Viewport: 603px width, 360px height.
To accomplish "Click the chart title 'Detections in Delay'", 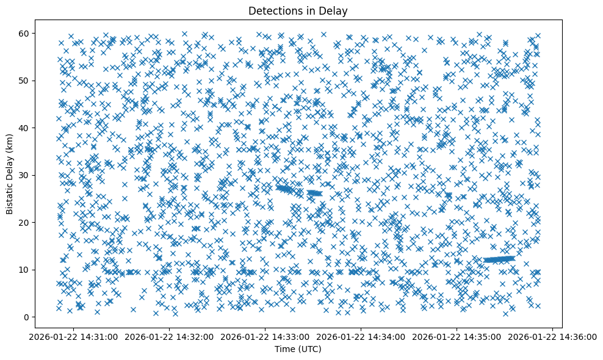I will (x=298, y=10).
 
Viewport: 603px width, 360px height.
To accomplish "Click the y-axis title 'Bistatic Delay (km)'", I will (x=10, y=174).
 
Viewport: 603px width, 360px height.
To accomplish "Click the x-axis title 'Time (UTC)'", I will (x=298, y=350).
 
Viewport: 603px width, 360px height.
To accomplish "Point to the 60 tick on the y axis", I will (x=31, y=33).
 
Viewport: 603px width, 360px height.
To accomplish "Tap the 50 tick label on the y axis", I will (x=31, y=81).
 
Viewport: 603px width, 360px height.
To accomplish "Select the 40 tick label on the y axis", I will (x=31, y=128).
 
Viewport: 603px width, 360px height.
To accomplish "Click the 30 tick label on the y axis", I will (x=31, y=175).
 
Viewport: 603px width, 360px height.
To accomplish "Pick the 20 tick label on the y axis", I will (x=31, y=222).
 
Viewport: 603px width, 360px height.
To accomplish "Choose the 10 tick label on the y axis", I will (x=31, y=270).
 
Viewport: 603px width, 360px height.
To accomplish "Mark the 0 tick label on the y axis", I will (x=33, y=317).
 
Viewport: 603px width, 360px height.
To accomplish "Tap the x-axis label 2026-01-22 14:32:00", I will (x=170, y=337).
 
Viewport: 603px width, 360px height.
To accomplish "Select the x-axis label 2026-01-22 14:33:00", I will (x=265, y=337).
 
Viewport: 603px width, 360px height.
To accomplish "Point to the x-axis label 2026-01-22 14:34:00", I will (x=361, y=337).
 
